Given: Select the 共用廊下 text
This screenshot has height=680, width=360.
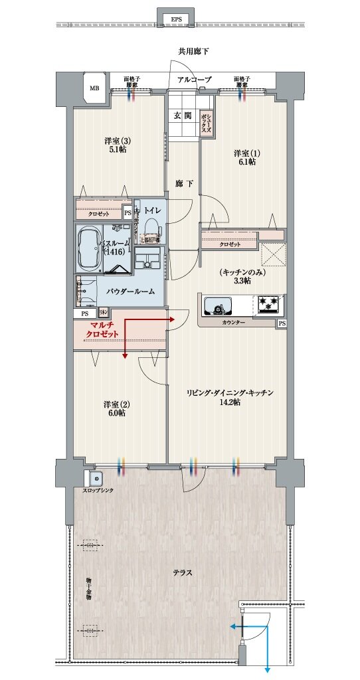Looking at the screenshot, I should pyautogui.click(x=195, y=51).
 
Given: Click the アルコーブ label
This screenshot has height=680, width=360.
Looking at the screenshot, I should pyautogui.click(x=195, y=80).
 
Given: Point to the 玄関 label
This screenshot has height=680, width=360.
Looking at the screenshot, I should pyautogui.click(x=183, y=115).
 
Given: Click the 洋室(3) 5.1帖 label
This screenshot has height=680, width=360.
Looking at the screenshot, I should pyautogui.click(x=115, y=145).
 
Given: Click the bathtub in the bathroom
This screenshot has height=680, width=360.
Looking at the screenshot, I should pyautogui.click(x=88, y=249).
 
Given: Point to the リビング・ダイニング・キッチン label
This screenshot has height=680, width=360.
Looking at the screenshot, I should pyautogui.click(x=229, y=398).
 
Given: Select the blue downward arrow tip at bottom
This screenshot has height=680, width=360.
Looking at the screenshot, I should pyautogui.click(x=267, y=669).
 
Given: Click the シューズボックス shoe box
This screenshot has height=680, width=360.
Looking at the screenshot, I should pyautogui.click(x=206, y=124).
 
